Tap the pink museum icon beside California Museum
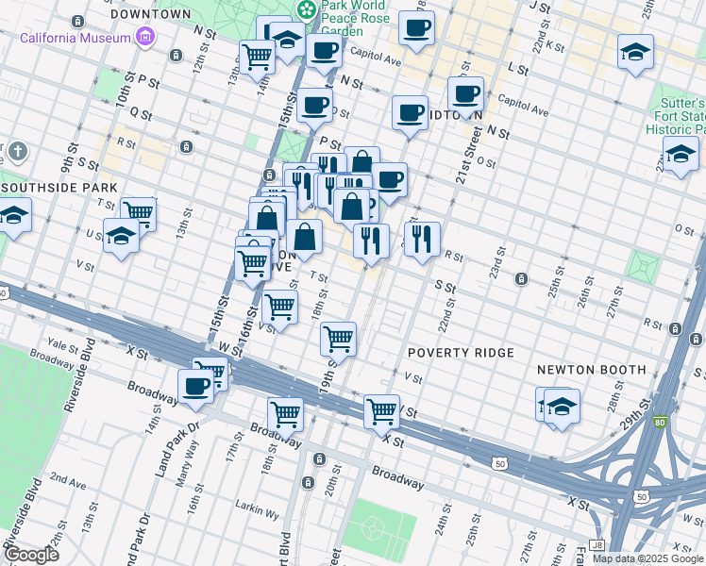pos(144,38)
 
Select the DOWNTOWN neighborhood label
pos(151,15)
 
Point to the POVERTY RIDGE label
pos(461,353)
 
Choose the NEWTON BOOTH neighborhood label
pos(591,370)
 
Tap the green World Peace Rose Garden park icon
pos(306,10)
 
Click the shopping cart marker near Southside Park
pos(139,212)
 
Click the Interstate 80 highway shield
pos(660,421)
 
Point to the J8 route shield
pos(596,544)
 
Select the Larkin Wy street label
pos(260,515)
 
